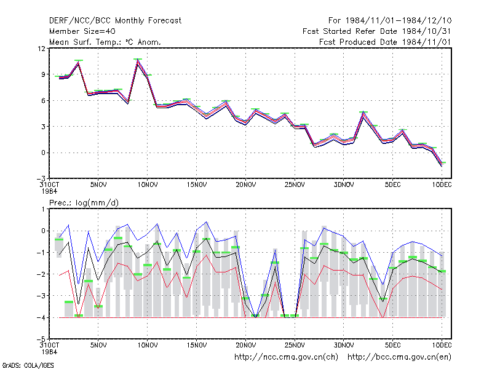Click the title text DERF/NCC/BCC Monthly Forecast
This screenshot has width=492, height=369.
(115, 21)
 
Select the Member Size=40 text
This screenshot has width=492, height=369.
(82, 31)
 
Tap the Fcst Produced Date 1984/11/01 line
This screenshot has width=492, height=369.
(385, 42)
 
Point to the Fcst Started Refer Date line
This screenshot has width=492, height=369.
(376, 31)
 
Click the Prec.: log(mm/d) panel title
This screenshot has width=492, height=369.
(84, 203)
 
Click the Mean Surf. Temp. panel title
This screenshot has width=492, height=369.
(105, 42)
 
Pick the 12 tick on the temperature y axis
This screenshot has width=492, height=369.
(41, 49)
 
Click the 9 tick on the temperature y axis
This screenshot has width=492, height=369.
(43, 74)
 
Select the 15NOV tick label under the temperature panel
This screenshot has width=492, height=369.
(197, 185)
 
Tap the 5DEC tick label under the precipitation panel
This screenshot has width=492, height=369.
(392, 345)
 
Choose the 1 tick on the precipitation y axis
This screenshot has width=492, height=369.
(44, 209)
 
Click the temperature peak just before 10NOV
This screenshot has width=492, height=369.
(137, 60)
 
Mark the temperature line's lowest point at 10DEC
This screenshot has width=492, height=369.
(442, 165)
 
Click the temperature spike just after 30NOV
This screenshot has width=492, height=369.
(363, 113)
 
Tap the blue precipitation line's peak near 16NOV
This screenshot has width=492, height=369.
(206, 222)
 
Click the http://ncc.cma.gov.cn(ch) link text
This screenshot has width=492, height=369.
(286, 357)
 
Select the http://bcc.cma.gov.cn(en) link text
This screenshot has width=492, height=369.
(399, 357)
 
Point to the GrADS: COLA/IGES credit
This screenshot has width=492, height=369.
(28, 365)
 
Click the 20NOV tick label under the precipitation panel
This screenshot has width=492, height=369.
(245, 345)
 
